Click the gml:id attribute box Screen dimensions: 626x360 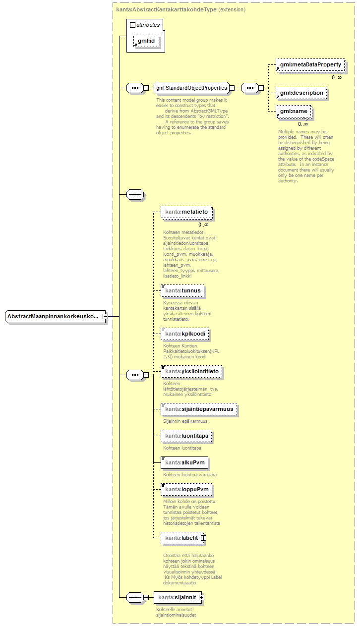(x=146, y=41)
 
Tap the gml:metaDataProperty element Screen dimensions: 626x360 (x=310, y=65)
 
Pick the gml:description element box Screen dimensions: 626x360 (x=301, y=93)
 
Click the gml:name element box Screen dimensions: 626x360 (x=294, y=111)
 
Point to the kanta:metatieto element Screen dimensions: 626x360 (x=186, y=212)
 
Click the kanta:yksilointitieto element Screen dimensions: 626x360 (x=191, y=371)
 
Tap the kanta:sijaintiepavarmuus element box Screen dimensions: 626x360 (x=199, y=409)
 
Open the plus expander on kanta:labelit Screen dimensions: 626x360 (x=203, y=538)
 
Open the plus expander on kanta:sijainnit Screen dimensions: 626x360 (x=201, y=598)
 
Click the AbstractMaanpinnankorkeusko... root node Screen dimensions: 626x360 (x=54, y=316)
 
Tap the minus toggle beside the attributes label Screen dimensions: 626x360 (x=132, y=24)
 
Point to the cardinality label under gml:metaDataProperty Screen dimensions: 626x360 (x=337, y=77)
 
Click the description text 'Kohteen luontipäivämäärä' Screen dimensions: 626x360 (x=190, y=474)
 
